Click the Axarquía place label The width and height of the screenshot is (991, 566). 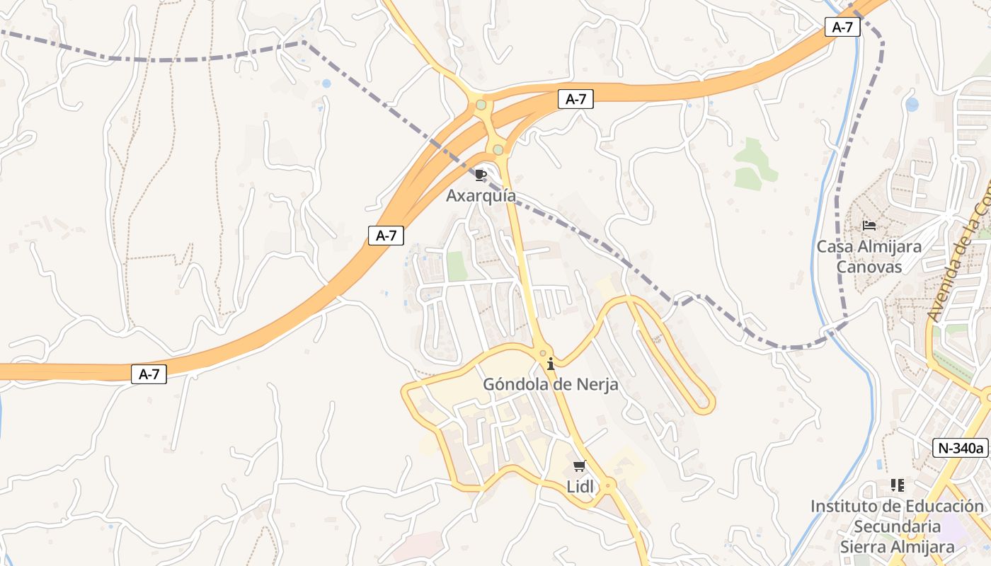[481, 195]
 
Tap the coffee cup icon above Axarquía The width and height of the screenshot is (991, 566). [481, 175]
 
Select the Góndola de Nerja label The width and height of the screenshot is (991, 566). [550, 384]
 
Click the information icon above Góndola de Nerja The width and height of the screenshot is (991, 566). [551, 364]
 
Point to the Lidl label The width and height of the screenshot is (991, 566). [580, 486]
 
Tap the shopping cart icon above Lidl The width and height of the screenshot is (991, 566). [580, 466]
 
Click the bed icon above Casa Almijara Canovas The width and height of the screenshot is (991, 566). [869, 226]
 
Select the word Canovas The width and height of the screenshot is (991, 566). [869, 267]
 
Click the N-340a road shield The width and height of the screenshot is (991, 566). [960, 448]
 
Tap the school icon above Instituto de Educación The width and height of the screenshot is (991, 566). [897, 485]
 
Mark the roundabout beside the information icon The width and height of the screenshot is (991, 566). [543, 353]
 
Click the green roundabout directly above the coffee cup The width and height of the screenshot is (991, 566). [498, 150]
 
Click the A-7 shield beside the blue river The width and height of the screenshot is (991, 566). [842, 28]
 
